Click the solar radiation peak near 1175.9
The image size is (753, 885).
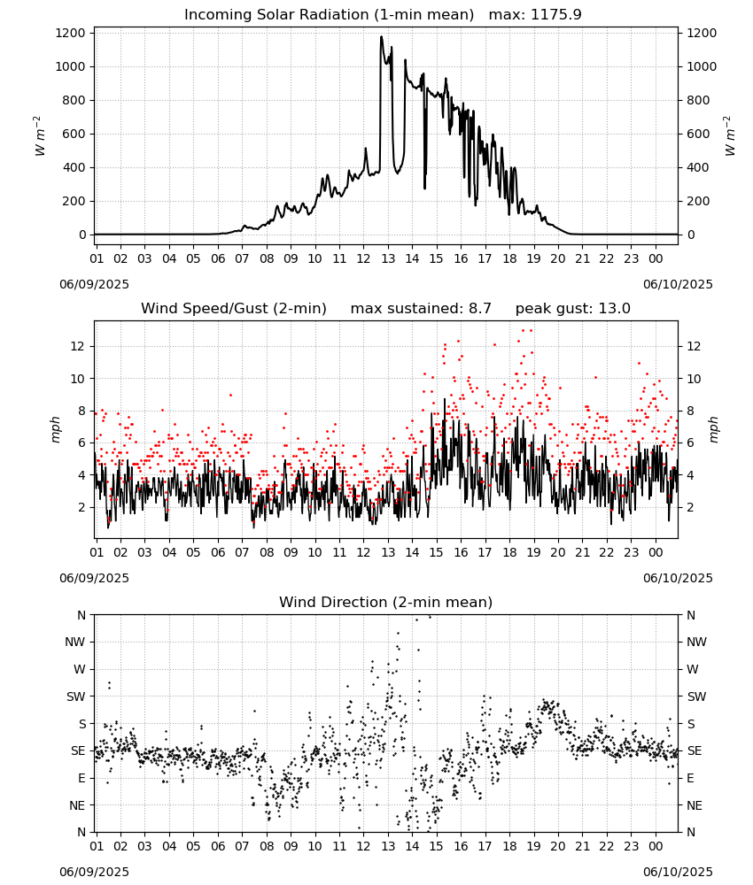coord(381,37)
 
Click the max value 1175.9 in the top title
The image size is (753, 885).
coord(556,15)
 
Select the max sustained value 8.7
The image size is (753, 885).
coord(479,308)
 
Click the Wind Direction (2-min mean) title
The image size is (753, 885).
coord(386,602)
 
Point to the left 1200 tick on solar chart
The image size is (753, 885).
coord(71,34)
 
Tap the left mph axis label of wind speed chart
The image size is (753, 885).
coord(55,429)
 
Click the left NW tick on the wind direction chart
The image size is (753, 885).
coord(75,643)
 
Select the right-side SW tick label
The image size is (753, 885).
coord(696,697)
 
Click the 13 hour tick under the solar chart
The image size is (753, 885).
coord(388,258)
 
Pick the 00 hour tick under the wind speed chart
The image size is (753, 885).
coord(656,552)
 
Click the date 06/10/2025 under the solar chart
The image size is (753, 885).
coord(678,284)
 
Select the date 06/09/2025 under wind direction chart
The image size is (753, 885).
coord(94,872)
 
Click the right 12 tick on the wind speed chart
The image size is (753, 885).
coord(694,347)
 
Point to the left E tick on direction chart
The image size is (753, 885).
coord(82,778)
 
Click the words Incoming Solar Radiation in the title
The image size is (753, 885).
coord(276,15)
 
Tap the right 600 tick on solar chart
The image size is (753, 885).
coord(698,135)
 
